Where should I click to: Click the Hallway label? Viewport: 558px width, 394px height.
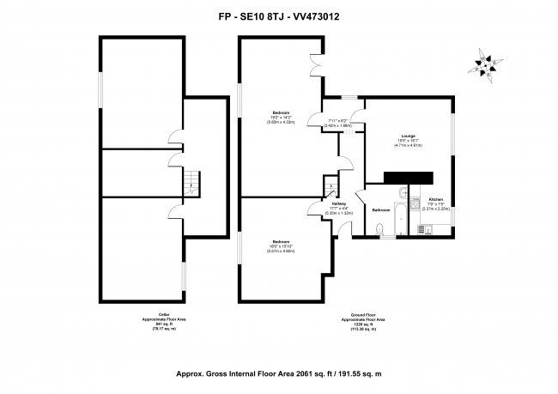pos(338,203)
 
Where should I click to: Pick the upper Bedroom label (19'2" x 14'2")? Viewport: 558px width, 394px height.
pos(280,112)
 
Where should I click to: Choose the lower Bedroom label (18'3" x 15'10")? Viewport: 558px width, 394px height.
pos(281,241)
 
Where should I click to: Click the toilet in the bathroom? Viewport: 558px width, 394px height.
pos(379,227)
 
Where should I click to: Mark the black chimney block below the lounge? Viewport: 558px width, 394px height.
pos(408,177)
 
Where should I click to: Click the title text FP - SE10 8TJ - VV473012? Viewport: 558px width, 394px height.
pos(279,15)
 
